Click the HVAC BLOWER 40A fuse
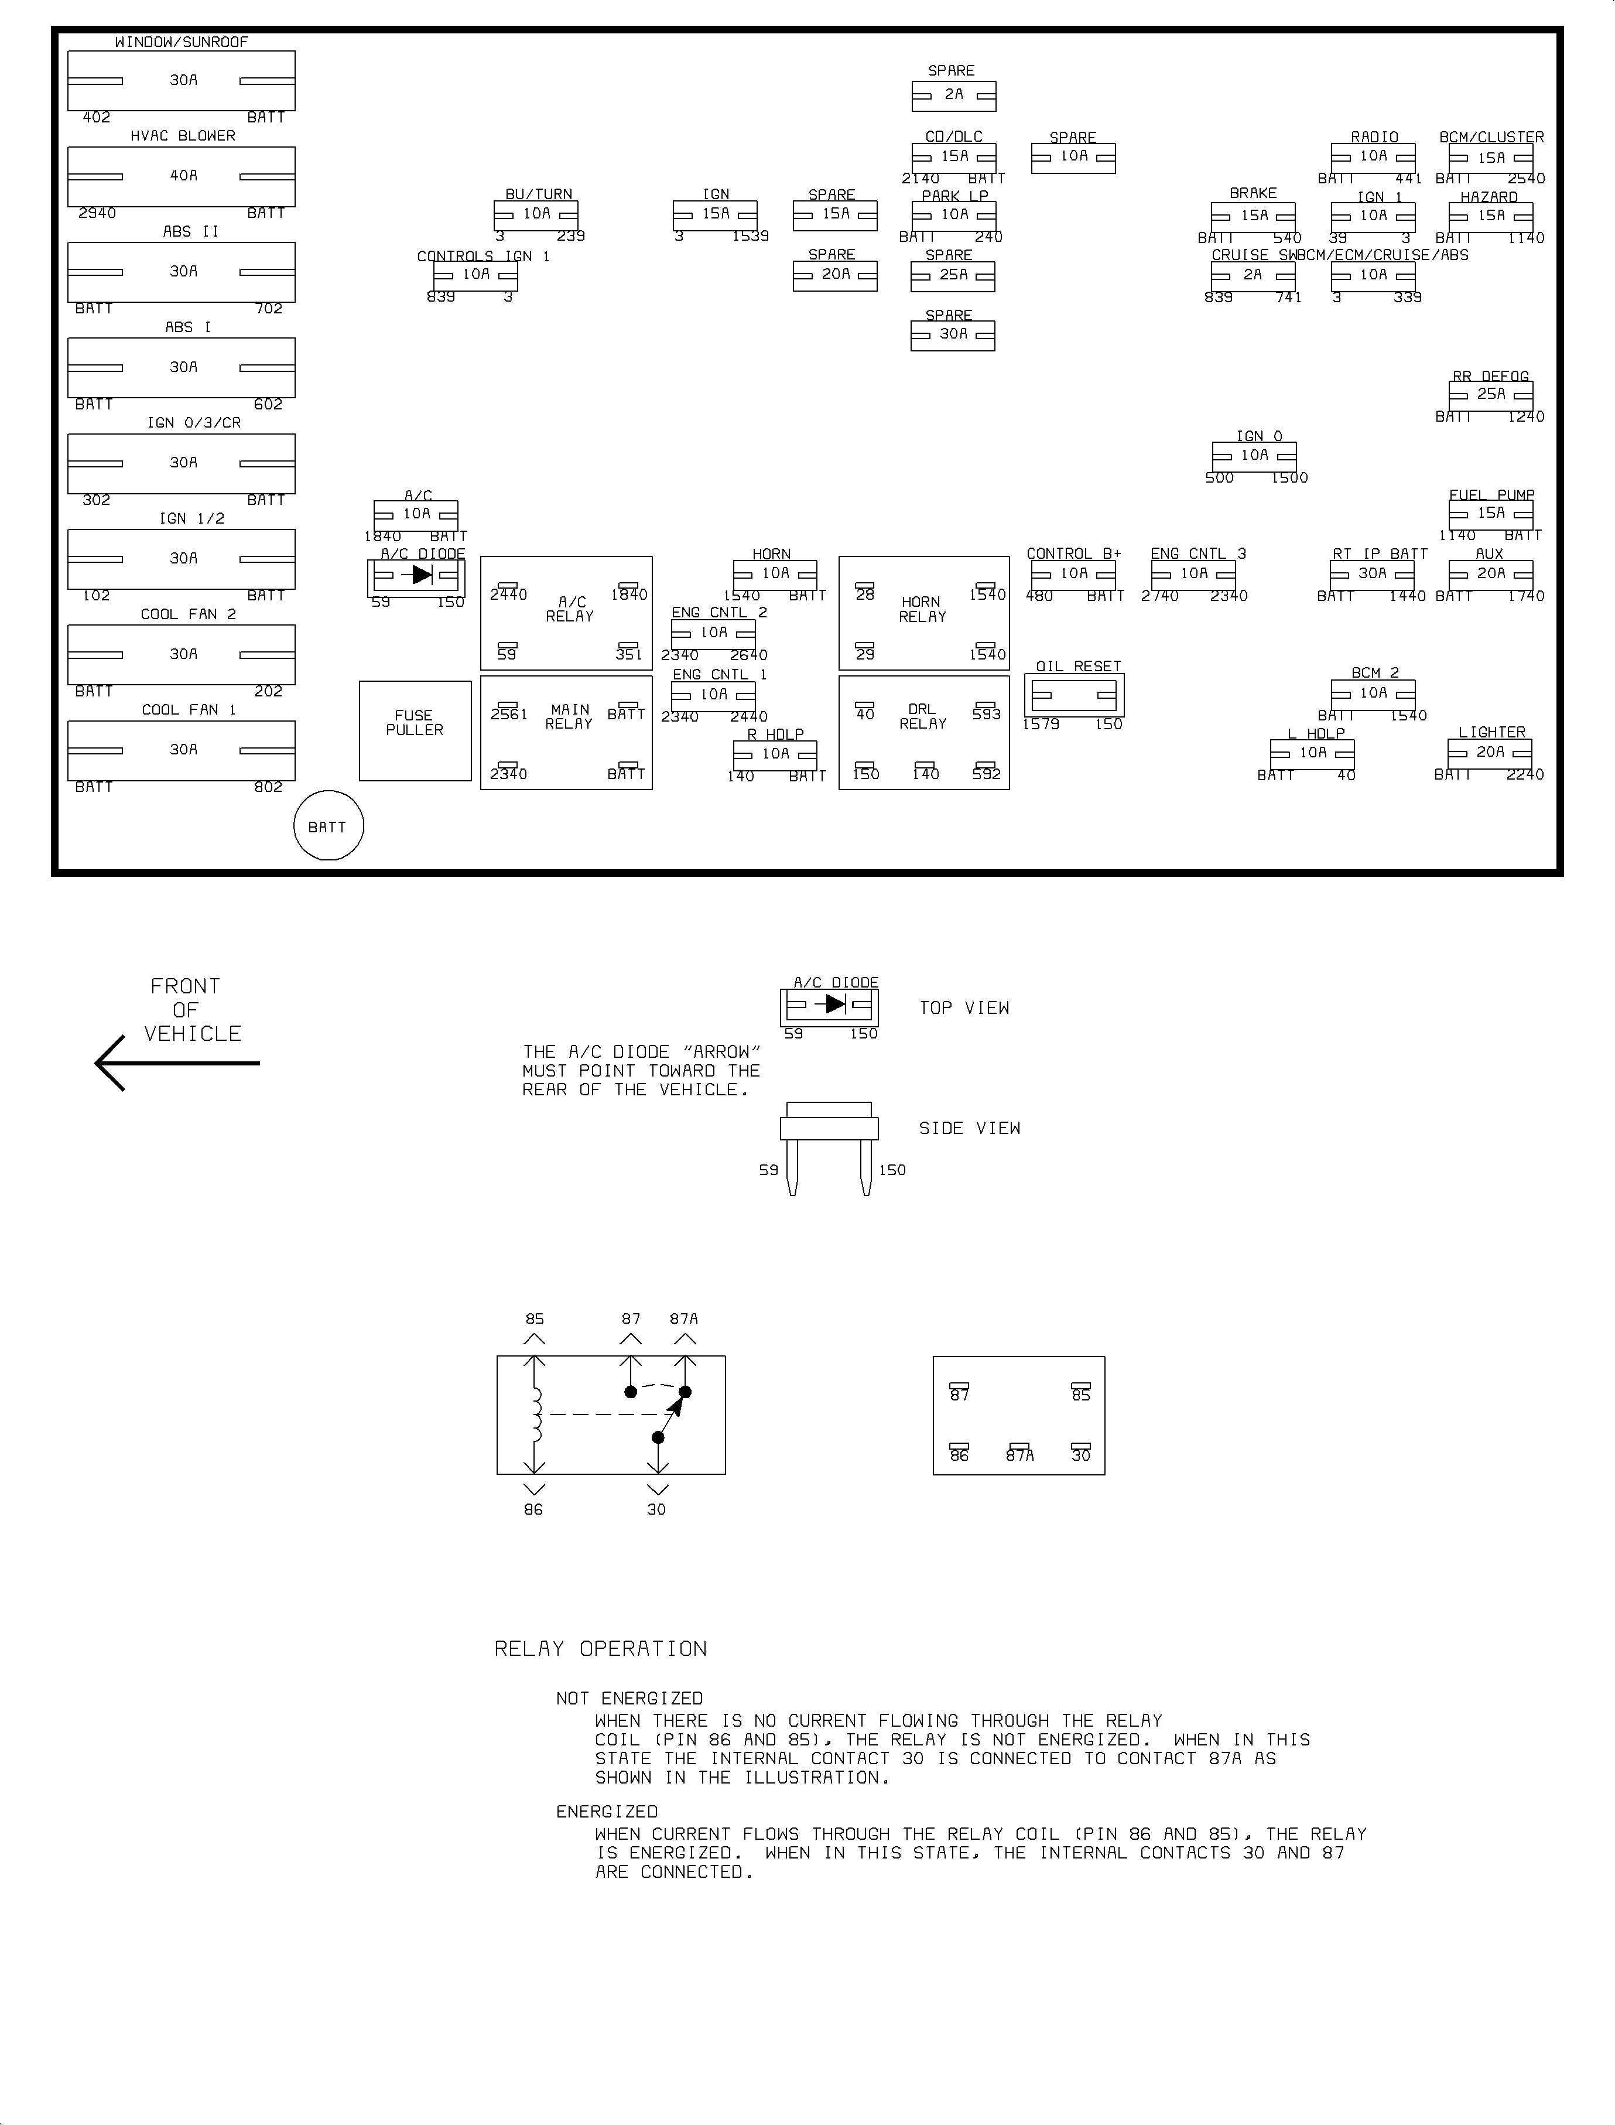pyautogui.click(x=181, y=177)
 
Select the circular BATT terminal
pyautogui.click(x=328, y=826)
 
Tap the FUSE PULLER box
pyautogui.click(x=415, y=731)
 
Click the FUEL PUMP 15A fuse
pyautogui.click(x=1491, y=514)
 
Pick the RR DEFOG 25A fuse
pyautogui.click(x=1491, y=395)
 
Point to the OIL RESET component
pyautogui.click(x=1074, y=694)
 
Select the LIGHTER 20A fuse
pyautogui.click(x=1490, y=754)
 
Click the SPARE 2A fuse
pyautogui.click(x=954, y=96)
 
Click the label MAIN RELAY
pyautogui.click(x=569, y=716)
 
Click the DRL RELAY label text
pyautogui.click(x=923, y=716)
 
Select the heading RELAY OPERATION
pyautogui.click(x=601, y=1649)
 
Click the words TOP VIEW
pyautogui.click(x=964, y=1007)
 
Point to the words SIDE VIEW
pyautogui.click(x=970, y=1128)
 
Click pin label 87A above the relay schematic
pyautogui.click(x=685, y=1318)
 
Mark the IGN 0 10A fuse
pyautogui.click(x=1254, y=456)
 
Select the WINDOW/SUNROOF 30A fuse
pyautogui.click(x=181, y=81)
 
